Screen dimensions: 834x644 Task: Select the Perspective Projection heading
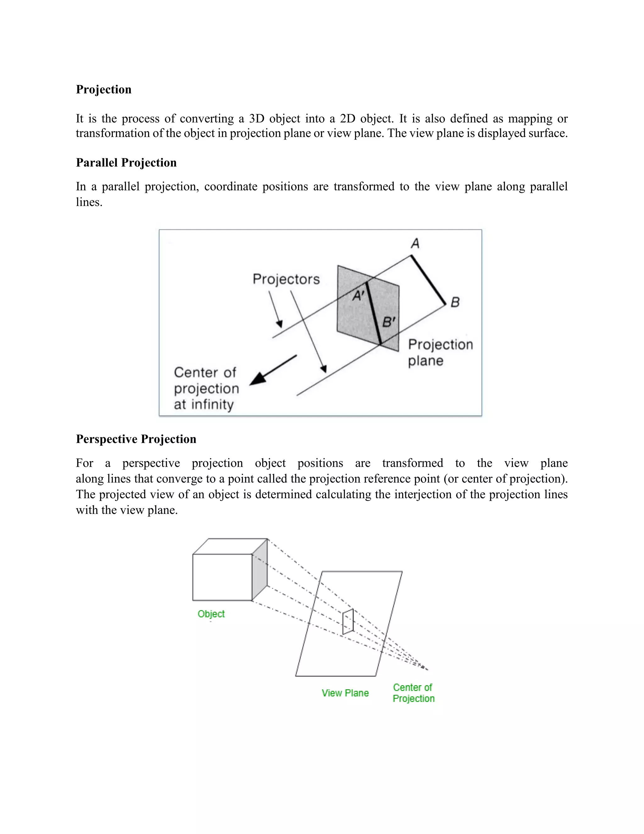[x=136, y=439]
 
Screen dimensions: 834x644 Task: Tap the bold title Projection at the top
[x=103, y=89]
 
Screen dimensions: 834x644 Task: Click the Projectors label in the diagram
[x=286, y=279]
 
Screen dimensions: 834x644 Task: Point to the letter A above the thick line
[x=415, y=243]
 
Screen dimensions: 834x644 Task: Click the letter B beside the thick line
[x=455, y=302]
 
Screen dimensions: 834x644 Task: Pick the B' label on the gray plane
[x=389, y=322]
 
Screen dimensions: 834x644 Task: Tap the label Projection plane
[x=440, y=352]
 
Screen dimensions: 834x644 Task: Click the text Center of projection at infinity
[x=206, y=388]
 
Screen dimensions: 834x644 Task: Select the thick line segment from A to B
[x=428, y=280]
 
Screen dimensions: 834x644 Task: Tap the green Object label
[x=211, y=614]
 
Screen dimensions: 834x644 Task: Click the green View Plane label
[x=345, y=693]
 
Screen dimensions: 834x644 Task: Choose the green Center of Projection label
[x=414, y=693]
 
